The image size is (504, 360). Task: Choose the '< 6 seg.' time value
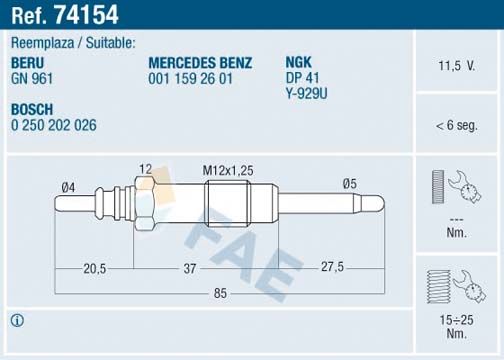(456, 125)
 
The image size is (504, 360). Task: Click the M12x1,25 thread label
(222, 169)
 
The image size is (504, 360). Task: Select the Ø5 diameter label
(349, 183)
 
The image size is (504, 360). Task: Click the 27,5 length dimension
(331, 268)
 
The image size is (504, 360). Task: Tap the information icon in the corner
(17, 320)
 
